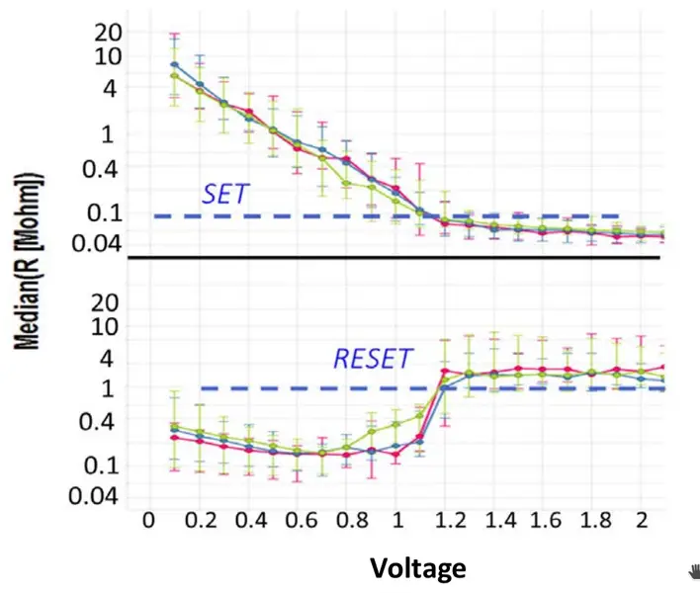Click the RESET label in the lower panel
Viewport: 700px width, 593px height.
(372, 359)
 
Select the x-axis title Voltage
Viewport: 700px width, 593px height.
(416, 568)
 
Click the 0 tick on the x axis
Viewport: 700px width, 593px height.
(149, 520)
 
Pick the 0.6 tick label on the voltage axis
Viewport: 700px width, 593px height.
(297, 520)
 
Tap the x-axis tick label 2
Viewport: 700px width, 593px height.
(643, 520)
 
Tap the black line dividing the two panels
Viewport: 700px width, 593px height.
(395, 258)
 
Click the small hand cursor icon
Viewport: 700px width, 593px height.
(693, 569)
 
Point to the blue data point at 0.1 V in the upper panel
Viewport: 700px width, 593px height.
(175, 65)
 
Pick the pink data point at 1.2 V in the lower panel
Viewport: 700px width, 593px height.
(444, 371)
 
